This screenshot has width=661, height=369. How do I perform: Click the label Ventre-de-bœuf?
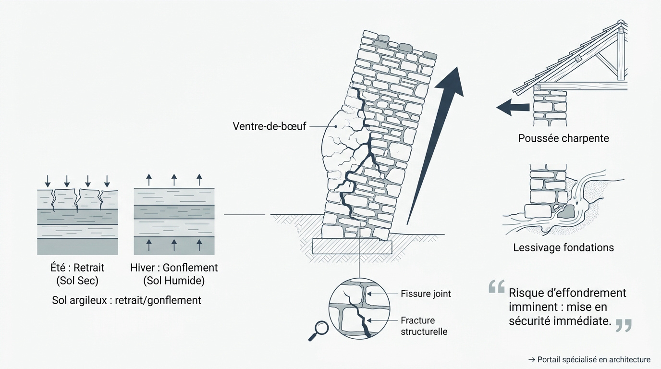269,126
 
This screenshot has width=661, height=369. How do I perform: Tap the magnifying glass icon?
319,329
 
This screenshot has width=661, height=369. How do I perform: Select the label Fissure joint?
426,294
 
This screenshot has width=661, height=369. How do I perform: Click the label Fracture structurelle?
424,326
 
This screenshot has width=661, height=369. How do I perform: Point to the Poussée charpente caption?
563,138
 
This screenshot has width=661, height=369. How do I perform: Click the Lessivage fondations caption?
563,248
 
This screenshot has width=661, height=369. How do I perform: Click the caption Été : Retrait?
77,268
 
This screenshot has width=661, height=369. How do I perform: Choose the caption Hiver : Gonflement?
174,268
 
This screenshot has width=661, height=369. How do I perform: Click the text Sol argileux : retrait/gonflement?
126,300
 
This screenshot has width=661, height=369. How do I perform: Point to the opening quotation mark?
496,287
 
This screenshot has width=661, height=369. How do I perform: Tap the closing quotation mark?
623,325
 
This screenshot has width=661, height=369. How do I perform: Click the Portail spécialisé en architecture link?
589,359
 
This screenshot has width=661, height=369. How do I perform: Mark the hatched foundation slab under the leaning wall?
352,247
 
